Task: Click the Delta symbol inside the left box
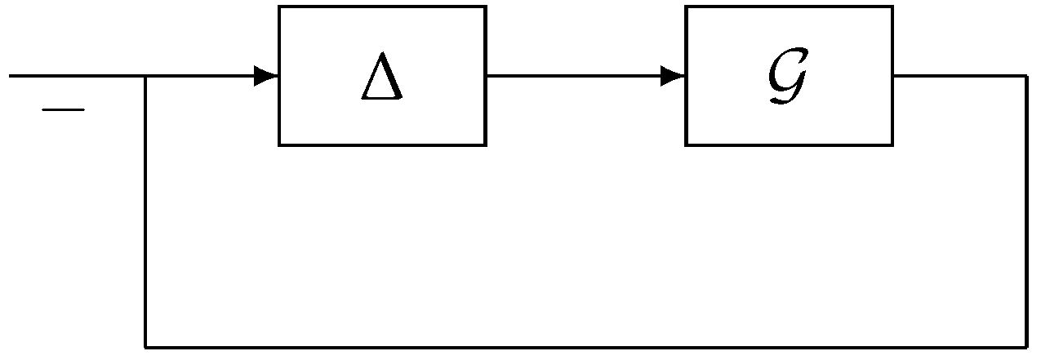point(382,80)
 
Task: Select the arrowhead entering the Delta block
point(266,77)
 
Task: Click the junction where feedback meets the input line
point(145,77)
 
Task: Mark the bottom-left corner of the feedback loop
point(145,347)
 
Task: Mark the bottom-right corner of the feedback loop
point(1026,347)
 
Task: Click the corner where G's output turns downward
point(1026,77)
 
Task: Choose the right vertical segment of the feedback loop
point(1026,212)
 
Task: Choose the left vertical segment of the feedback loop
point(145,212)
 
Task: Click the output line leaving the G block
point(959,77)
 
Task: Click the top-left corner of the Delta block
point(279,7)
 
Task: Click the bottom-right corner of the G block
point(892,145)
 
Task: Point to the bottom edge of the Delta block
point(382,145)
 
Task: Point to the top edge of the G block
point(788,7)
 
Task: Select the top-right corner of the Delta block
point(486,7)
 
